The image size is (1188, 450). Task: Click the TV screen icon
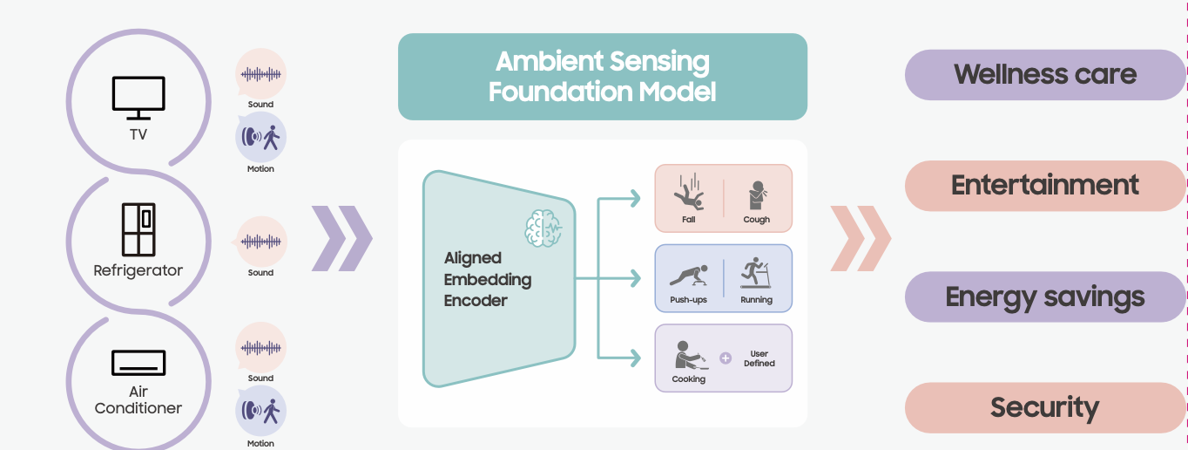click(x=138, y=97)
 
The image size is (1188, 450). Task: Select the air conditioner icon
click(x=138, y=363)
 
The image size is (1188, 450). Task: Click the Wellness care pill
click(x=1044, y=74)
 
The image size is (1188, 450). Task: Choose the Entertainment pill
click(x=1044, y=185)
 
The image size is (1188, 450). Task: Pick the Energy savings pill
click(x=1044, y=297)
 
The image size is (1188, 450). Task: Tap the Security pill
click(x=1044, y=407)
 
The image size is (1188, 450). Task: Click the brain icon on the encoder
click(x=543, y=228)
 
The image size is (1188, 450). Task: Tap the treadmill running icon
click(x=756, y=273)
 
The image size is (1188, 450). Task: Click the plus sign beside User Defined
click(x=726, y=358)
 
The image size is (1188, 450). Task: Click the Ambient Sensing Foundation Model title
click(x=602, y=77)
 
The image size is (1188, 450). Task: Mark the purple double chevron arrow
click(x=341, y=238)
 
